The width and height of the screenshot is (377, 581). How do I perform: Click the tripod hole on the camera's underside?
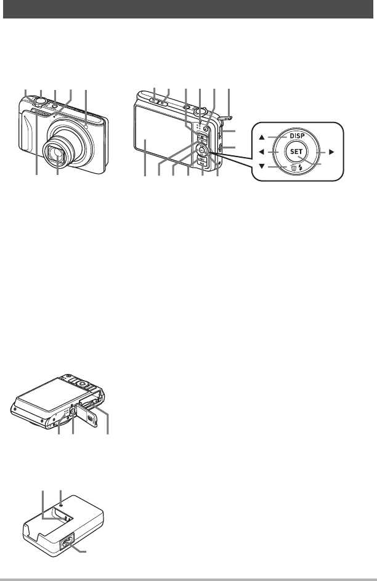[73, 408]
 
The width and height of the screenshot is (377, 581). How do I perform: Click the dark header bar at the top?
[188, 10]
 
